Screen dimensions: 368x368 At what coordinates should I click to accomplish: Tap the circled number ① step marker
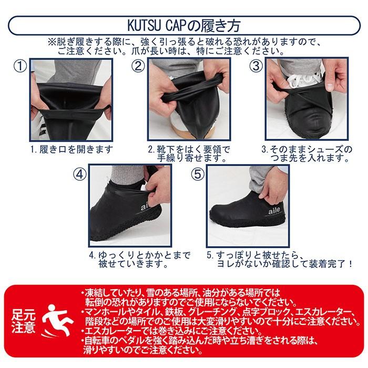(x=19, y=67)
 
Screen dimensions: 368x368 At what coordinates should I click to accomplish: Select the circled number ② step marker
(x=138, y=67)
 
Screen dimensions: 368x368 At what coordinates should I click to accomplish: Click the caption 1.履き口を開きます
(x=72, y=149)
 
